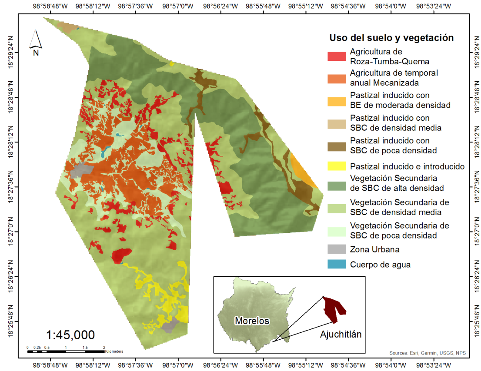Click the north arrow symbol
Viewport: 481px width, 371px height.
point(35,42)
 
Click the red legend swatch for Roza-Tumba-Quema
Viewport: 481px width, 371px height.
point(337,56)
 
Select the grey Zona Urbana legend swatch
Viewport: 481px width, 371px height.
point(337,249)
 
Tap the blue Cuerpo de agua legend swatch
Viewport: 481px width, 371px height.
point(337,264)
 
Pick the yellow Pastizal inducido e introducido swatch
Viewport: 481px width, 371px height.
point(337,166)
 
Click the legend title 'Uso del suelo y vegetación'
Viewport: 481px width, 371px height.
point(391,38)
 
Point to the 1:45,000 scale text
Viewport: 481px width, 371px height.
point(70,335)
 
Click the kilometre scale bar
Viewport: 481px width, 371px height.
point(66,351)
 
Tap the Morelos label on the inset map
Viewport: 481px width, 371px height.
point(252,321)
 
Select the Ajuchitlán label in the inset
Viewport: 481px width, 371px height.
point(341,334)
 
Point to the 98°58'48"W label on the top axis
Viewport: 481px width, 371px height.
point(51,7)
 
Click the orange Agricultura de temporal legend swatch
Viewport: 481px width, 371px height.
point(337,78)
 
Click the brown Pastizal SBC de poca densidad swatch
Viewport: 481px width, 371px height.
point(337,146)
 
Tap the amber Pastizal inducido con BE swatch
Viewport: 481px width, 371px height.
point(337,101)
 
